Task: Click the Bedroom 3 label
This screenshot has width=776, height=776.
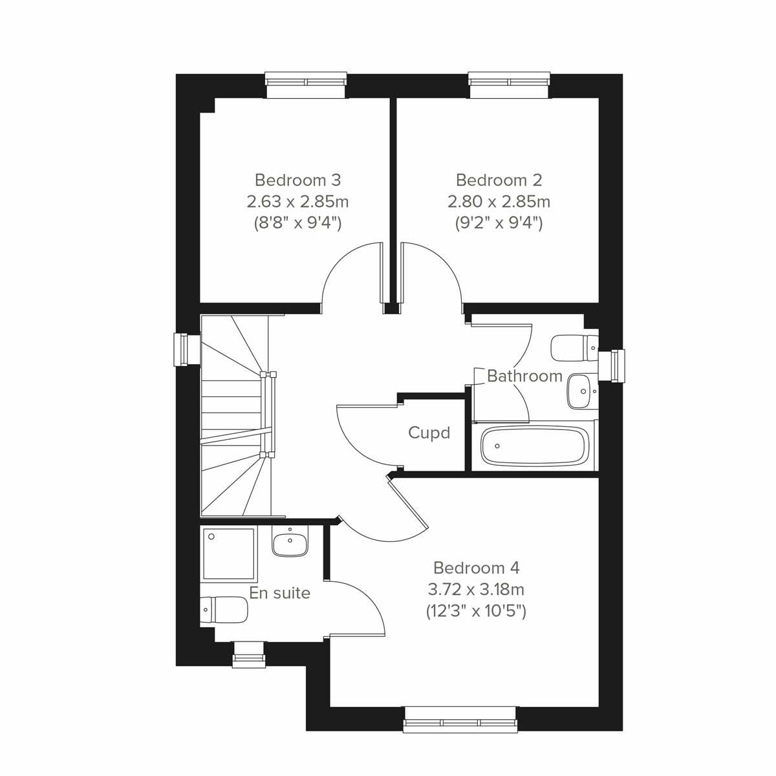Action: [x=297, y=179]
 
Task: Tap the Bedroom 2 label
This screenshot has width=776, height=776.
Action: [x=499, y=179]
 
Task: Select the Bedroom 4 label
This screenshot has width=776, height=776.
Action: [x=476, y=568]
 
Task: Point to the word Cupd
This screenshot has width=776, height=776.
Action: [x=429, y=433]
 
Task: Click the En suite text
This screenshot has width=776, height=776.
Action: [x=279, y=593]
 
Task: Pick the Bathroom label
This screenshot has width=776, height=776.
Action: [x=524, y=376]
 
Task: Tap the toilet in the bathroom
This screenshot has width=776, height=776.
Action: [x=574, y=349]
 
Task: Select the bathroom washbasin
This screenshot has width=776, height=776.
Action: [x=581, y=391]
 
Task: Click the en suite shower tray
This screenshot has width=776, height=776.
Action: [x=229, y=554]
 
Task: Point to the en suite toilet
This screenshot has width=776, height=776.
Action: [x=224, y=610]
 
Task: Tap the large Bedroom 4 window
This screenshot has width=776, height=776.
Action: [x=460, y=719]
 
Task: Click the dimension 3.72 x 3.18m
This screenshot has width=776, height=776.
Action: [x=476, y=589]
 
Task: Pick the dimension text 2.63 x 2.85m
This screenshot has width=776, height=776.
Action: [x=297, y=201]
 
